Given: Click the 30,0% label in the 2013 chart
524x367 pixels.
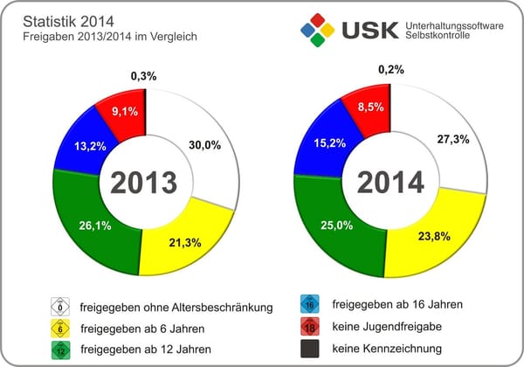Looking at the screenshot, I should [207, 146].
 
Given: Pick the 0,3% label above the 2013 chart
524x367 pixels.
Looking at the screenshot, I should [144, 76].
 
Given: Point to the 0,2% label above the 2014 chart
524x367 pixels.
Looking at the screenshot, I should [391, 68].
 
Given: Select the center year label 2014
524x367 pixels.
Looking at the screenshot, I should [390, 182].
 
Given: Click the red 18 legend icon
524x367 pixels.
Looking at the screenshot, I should [312, 327].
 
